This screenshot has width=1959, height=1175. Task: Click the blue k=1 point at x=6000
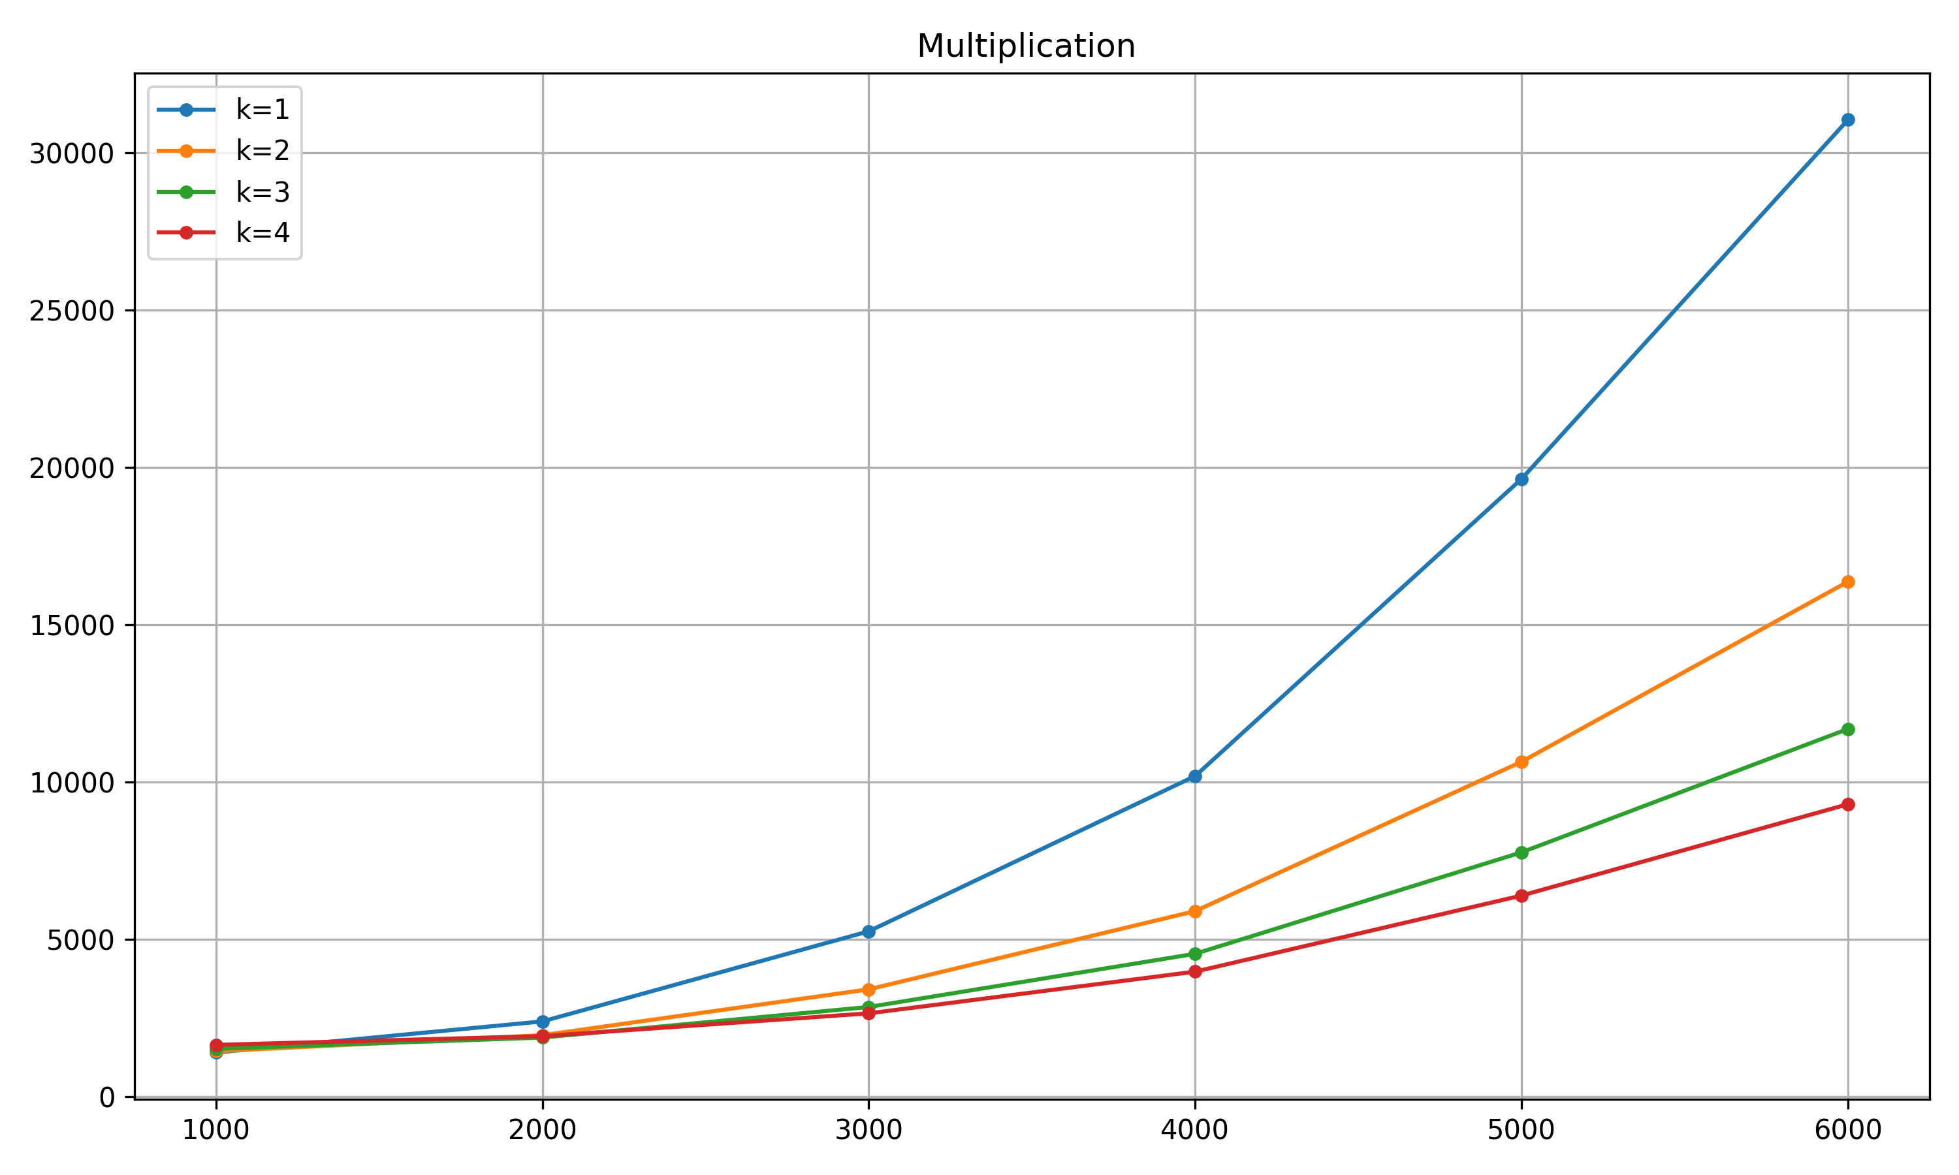1847,120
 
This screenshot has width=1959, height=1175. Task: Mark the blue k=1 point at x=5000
1521,479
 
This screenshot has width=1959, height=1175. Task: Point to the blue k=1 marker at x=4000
1195,776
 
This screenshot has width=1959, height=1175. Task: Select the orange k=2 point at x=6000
1847,582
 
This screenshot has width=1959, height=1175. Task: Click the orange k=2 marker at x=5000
1521,762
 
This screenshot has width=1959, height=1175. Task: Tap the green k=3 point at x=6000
1847,729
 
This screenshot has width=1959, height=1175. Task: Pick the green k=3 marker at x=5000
1521,853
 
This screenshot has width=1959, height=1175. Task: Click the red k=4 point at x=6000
1847,804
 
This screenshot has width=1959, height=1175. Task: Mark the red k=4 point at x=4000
1195,971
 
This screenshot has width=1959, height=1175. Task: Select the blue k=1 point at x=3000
868,931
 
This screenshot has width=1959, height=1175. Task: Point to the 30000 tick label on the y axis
72,153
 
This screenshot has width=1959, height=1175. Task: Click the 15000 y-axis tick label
72,625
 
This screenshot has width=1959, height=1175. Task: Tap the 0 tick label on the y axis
106,1097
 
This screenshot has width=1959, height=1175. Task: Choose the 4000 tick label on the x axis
1195,1131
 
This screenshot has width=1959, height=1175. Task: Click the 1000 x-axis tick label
216,1131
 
